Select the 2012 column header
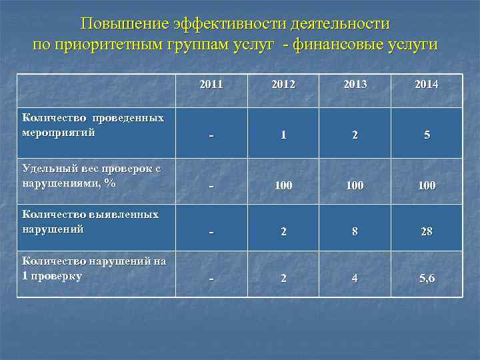tap(283, 85)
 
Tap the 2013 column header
tap(355, 85)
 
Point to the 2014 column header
tap(426, 85)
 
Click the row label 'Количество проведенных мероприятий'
tap(93, 125)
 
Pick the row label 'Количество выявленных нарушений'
tap(91, 221)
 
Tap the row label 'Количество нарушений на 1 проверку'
tap(94, 268)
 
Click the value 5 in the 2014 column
tap(427, 135)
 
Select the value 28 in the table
tap(427, 231)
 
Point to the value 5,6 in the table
tap(427, 278)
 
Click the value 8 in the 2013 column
tap(355, 231)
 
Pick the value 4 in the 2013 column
tap(355, 278)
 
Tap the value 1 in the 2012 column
tap(283, 135)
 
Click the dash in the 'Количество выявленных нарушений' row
tap(211, 232)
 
